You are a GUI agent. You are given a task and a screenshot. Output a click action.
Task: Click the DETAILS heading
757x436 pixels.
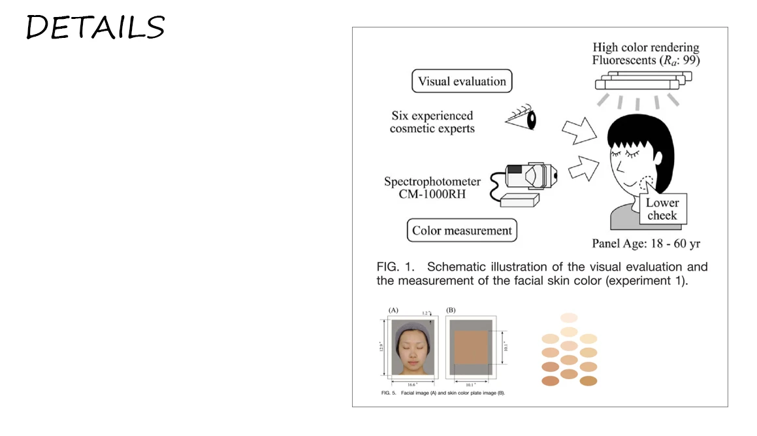click(x=95, y=27)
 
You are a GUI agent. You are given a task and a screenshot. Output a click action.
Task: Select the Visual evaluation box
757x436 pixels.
click(x=462, y=82)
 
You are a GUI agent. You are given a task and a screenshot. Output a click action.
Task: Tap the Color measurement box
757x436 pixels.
click(x=462, y=231)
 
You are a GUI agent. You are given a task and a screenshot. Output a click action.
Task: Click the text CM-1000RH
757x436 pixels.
click(x=432, y=194)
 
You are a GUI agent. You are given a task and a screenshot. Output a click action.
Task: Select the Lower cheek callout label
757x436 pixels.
click(x=662, y=209)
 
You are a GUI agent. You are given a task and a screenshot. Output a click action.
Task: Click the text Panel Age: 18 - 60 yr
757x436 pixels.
click(x=646, y=244)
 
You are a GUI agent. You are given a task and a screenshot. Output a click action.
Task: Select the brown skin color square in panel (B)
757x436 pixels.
click(x=472, y=347)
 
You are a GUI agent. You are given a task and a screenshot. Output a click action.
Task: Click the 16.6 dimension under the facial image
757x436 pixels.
click(x=409, y=385)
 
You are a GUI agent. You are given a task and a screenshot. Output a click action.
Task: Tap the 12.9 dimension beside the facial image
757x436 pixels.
click(x=381, y=346)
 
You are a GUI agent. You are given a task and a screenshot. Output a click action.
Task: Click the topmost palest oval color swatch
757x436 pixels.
click(x=569, y=318)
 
